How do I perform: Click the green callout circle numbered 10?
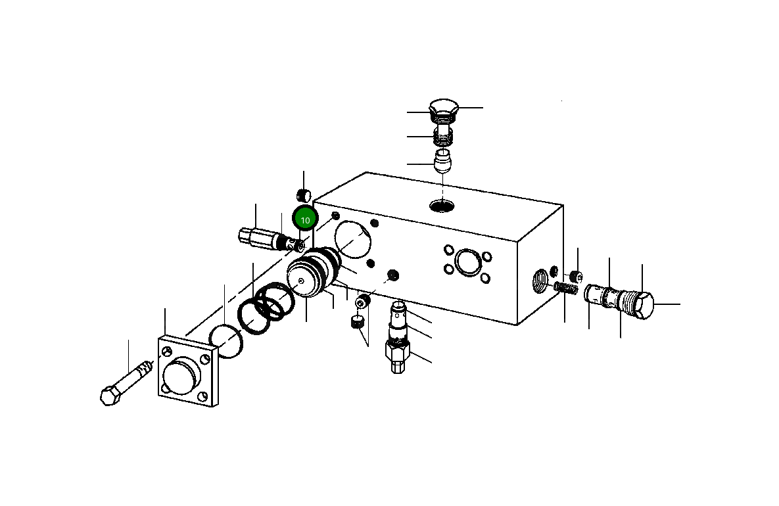pos(305,219)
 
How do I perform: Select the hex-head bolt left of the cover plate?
pos(124,385)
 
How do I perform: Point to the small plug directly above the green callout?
pos(304,195)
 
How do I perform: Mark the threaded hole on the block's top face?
pos(442,206)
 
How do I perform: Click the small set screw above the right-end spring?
pos(575,275)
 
